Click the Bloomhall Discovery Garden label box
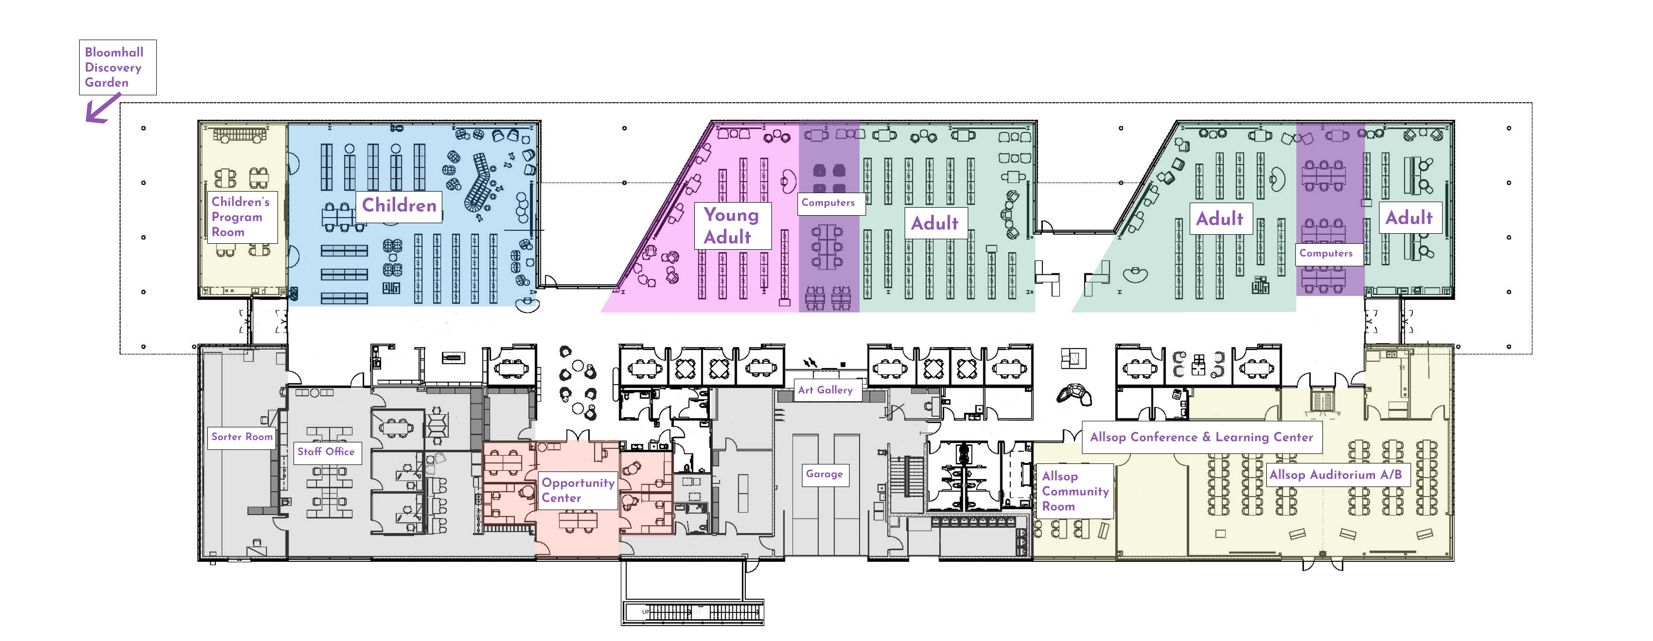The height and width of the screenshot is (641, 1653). click(117, 67)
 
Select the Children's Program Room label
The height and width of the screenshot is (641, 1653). click(241, 217)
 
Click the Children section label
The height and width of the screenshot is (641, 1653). click(399, 206)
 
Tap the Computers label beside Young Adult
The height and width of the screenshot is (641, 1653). click(829, 203)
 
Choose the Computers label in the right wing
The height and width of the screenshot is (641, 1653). click(1326, 254)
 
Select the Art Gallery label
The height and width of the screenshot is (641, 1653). click(825, 390)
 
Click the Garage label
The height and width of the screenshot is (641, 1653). click(824, 474)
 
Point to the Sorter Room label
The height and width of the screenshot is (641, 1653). click(242, 437)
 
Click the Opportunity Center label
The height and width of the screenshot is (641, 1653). click(578, 491)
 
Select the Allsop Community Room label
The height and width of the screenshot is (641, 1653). click(1075, 492)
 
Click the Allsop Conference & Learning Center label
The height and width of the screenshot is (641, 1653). click(1201, 437)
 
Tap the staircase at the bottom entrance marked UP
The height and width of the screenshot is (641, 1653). click(693, 613)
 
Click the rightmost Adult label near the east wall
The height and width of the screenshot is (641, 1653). click(1409, 218)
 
